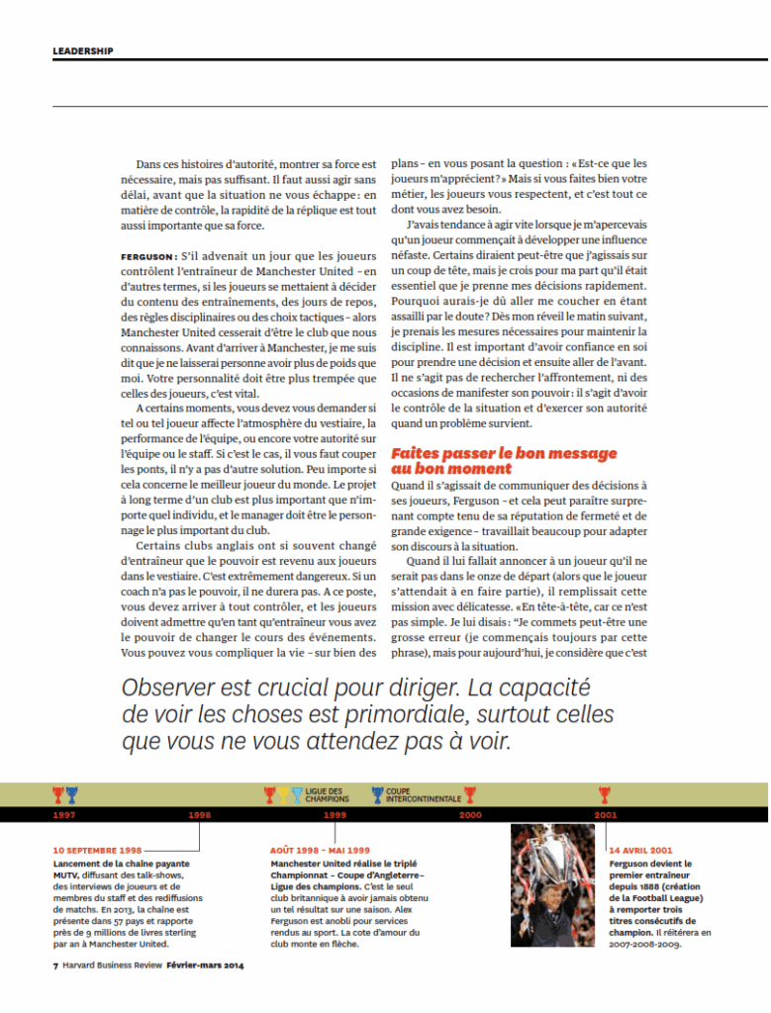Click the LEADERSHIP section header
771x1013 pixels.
83,50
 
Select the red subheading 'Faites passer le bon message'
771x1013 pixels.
504,453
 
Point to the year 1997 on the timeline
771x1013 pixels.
64,814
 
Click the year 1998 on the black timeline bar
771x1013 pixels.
200,814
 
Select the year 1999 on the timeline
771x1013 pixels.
335,814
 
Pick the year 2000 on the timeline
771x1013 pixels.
470,814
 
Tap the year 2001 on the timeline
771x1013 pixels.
605,814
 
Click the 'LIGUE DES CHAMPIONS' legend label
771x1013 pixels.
327,794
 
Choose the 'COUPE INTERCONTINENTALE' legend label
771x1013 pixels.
423,794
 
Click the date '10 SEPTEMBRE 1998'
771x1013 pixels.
98,850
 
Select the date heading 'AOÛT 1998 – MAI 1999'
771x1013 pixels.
320,850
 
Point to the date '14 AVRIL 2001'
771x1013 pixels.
641,850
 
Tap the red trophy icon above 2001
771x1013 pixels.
605,793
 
